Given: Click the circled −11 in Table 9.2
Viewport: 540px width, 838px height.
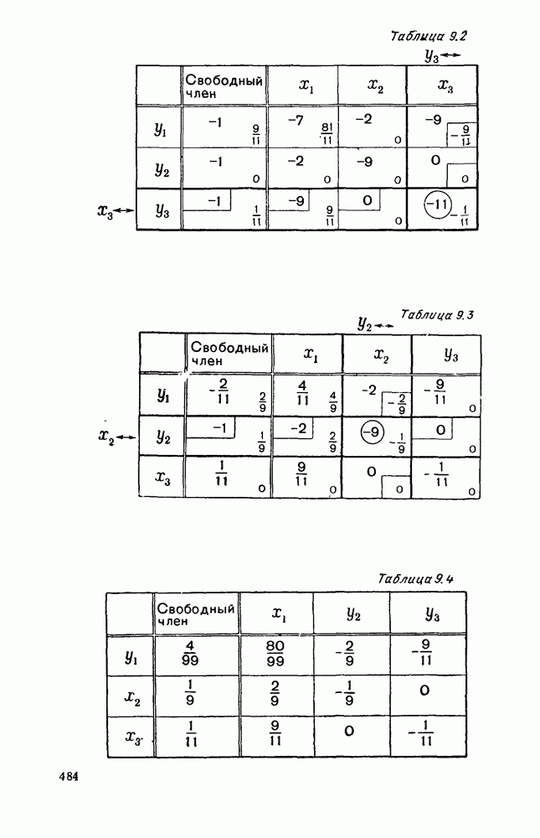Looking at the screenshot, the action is pos(438,204).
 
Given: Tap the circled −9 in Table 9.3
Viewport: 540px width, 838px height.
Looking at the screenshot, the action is pos(372,432).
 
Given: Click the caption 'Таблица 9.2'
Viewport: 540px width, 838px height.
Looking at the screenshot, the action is pos(429,36).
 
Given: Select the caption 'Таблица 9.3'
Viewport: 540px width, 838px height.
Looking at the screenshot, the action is pos(437,314).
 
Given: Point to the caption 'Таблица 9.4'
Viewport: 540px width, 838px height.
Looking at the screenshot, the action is pos(415,579).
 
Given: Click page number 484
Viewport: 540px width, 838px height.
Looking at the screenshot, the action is pos(69,777).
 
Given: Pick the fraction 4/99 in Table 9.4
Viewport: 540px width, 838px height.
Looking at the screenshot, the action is pos(189,653).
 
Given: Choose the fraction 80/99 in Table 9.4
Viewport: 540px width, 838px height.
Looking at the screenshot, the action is pos(275,653).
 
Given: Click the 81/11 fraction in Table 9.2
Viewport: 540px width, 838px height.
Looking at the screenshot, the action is pos(327,134).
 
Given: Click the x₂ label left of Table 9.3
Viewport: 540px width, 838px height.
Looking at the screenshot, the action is pos(107,436).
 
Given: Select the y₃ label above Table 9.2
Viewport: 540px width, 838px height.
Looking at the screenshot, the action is pos(431,55).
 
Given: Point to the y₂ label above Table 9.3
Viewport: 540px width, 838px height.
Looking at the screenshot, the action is pos(365,323).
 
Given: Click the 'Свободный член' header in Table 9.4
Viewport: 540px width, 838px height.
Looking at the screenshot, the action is pos(196,614).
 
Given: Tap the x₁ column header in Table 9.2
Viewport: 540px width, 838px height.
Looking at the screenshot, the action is pos(306,85).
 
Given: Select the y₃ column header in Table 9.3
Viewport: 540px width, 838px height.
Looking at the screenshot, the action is pos(451,354).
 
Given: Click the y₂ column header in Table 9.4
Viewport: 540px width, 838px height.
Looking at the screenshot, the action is pos(353,614).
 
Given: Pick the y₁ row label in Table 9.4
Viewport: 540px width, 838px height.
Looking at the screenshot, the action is pos(131,657).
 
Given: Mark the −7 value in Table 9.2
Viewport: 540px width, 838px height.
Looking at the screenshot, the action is pos(296,121).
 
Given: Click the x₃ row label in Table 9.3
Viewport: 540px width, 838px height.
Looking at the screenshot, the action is pos(163,478).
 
